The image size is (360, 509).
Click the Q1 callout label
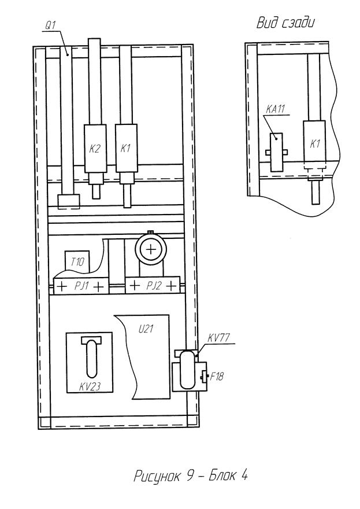(x=50, y=26)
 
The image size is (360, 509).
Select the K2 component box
(x=95, y=148)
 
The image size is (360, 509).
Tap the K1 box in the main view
(x=126, y=148)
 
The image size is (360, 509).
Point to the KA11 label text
(x=275, y=109)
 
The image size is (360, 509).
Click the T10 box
(x=77, y=261)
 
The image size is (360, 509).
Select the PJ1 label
(x=81, y=286)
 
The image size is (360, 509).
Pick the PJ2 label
(x=154, y=286)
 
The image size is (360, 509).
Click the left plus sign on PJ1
(x=62, y=287)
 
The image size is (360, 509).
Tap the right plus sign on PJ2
(x=172, y=286)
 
